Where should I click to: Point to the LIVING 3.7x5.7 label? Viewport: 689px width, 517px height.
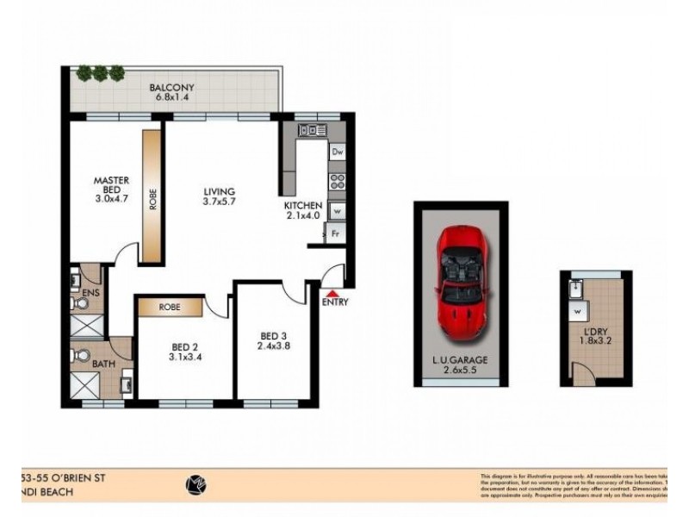coord(219,197)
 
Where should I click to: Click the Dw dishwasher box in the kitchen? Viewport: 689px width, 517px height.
coord(337,153)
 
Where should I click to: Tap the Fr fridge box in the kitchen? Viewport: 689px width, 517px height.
coord(337,233)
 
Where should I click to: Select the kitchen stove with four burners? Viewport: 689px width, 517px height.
coord(337,181)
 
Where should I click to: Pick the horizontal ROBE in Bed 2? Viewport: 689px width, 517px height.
coord(169,306)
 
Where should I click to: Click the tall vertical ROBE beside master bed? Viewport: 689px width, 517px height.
coord(152,197)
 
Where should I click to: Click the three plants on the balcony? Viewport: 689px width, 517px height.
coord(101,73)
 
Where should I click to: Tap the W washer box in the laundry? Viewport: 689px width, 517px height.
coord(575,310)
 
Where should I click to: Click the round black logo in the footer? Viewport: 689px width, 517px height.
coord(196,484)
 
